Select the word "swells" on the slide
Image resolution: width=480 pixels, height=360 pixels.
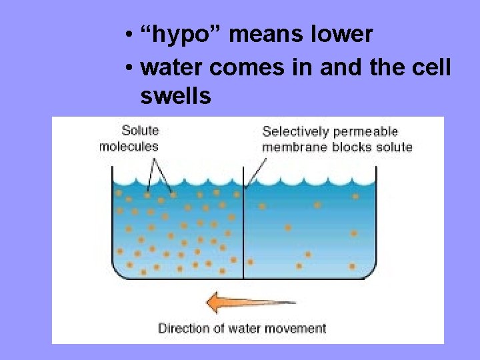coord(176,96)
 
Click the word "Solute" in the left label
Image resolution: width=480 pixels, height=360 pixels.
coord(140,131)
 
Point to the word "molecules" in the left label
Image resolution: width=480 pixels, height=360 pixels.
coord(129,147)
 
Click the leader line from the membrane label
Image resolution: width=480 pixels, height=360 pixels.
coord(255,169)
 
